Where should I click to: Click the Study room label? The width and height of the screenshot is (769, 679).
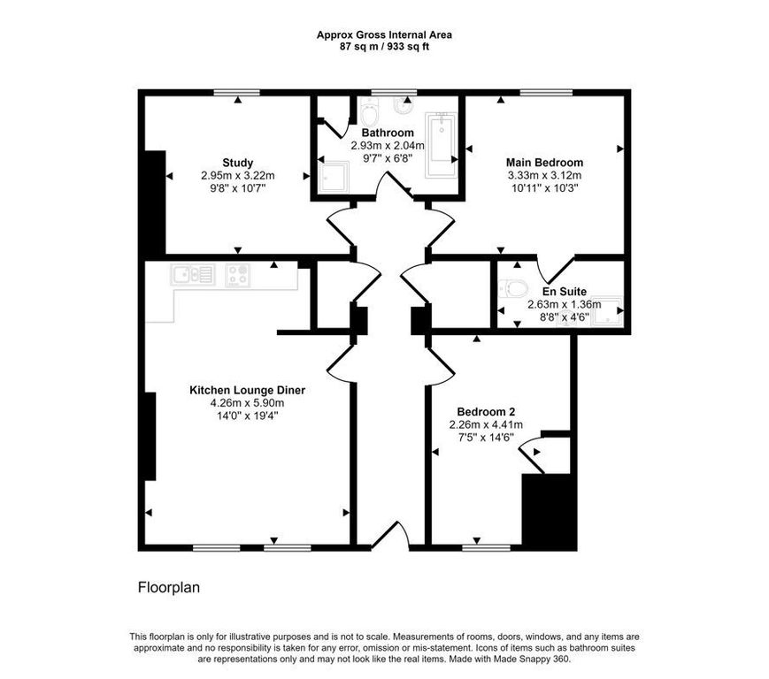click(237, 163)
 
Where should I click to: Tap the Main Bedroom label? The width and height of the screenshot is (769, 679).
click(544, 163)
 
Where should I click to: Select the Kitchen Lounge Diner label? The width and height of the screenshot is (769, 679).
click(247, 391)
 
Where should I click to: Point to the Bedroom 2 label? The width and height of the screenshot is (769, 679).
click(486, 412)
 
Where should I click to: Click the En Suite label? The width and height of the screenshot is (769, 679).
click(564, 292)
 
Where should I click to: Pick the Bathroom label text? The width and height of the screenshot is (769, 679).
click(388, 133)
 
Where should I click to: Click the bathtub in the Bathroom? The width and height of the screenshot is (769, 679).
click(442, 144)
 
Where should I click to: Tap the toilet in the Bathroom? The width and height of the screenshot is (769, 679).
click(368, 111)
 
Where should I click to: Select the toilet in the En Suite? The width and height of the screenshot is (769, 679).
click(512, 288)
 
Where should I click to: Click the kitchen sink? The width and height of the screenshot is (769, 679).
click(192, 274)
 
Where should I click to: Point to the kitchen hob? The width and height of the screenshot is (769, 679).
click(238, 275)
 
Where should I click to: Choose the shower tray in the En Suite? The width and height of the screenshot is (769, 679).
click(607, 311)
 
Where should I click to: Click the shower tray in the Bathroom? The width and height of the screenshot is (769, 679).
click(334, 177)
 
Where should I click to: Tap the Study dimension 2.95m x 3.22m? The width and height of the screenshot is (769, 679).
click(237, 175)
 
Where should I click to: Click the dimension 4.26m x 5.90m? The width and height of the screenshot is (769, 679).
click(247, 403)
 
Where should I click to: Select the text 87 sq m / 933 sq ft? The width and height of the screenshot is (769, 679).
click(384, 48)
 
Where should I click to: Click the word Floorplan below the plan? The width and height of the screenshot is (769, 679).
click(169, 587)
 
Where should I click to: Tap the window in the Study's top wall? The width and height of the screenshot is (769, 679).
click(237, 92)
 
